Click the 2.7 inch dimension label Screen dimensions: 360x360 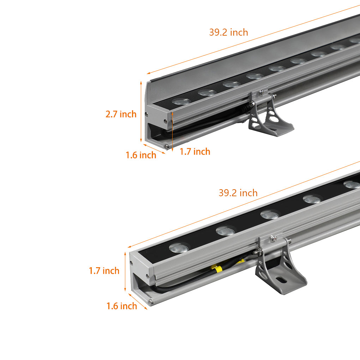[x=121, y=114]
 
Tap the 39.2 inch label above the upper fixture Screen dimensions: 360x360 [x=228, y=32]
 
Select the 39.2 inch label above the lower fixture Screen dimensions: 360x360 [x=238, y=193]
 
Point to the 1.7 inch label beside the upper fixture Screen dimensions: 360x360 [x=195, y=152]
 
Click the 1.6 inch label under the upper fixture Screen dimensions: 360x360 [x=141, y=155]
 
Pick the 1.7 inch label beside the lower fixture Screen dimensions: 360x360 [x=104, y=271]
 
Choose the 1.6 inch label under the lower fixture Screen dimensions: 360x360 [x=122, y=306]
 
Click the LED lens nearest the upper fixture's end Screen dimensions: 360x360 [x=181, y=101]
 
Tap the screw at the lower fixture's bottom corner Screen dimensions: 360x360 [x=151, y=302]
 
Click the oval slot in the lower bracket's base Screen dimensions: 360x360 [x=281, y=280]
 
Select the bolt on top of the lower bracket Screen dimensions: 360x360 [x=272, y=238]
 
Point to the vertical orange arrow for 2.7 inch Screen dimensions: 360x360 [x=141, y=111]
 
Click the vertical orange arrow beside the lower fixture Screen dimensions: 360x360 [x=125, y=272]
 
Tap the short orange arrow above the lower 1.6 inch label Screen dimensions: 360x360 [x=138, y=301]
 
